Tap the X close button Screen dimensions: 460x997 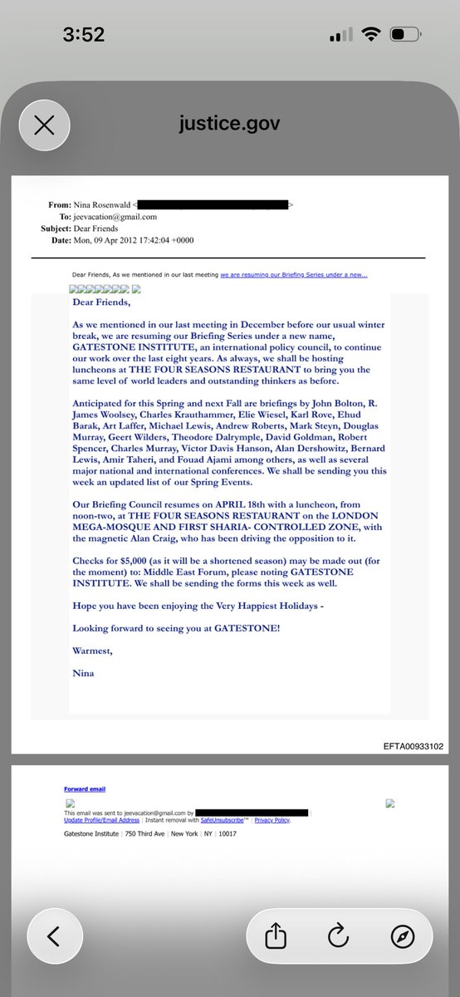coord(44,125)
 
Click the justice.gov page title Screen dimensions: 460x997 coord(229,125)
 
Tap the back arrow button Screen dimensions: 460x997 coord(53,936)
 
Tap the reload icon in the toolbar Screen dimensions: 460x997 coord(338,936)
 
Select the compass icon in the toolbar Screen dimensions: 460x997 coord(402,936)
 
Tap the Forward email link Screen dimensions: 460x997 coord(85,788)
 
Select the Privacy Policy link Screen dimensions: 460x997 coord(272,819)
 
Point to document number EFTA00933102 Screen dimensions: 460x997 coord(414,746)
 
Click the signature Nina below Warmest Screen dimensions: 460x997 coord(83,673)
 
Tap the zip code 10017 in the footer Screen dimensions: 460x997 coord(228,833)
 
